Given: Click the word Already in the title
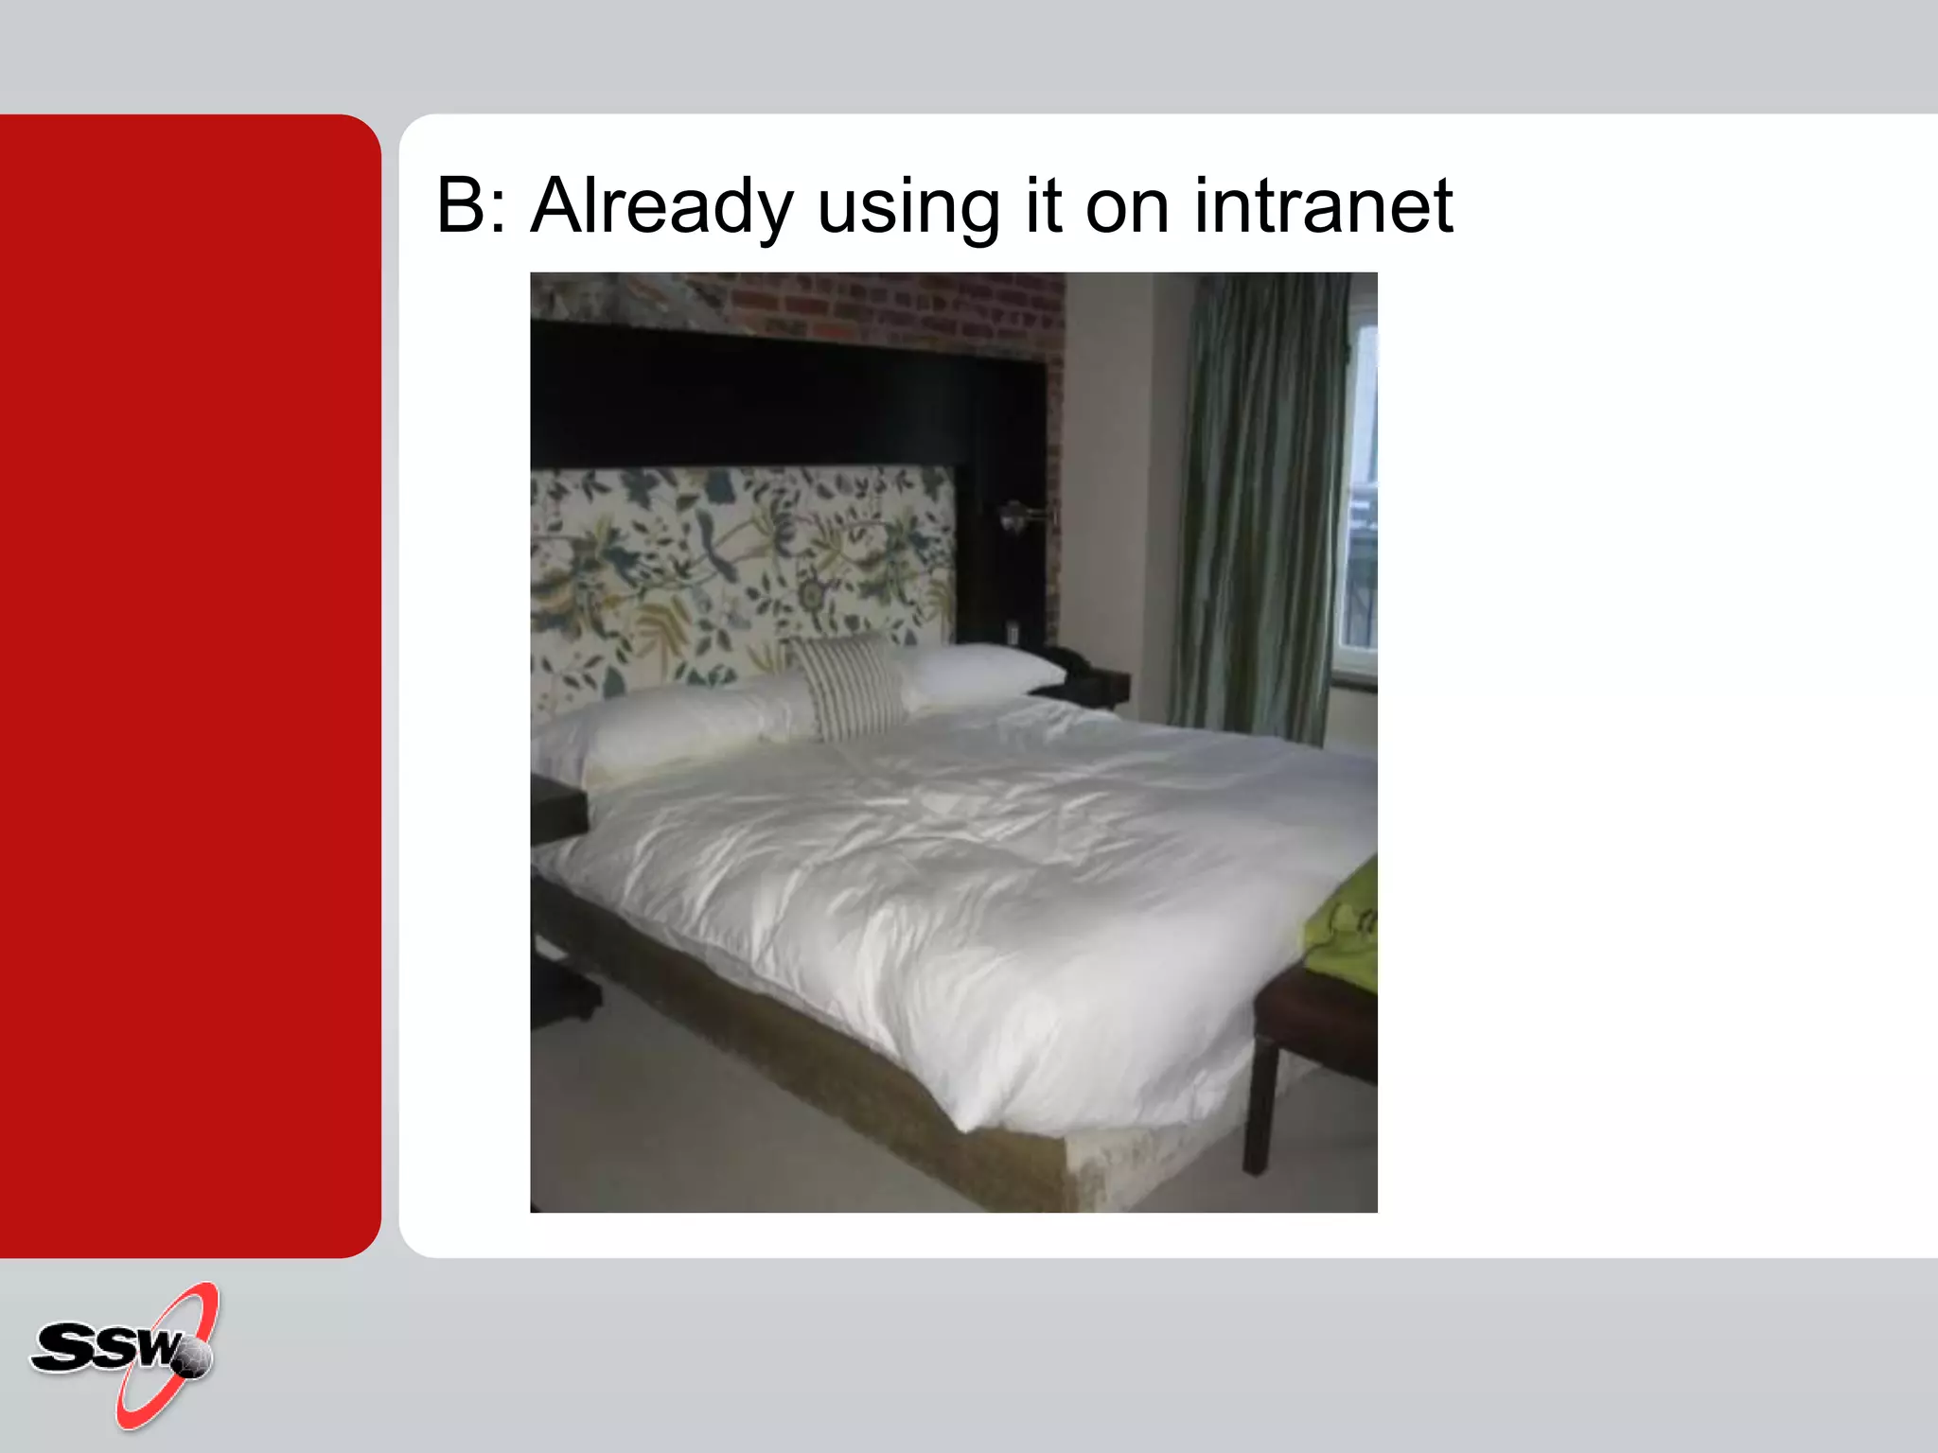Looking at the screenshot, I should click(661, 205).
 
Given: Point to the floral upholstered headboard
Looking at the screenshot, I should click(738, 568).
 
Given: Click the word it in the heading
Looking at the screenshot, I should click(1042, 205).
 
